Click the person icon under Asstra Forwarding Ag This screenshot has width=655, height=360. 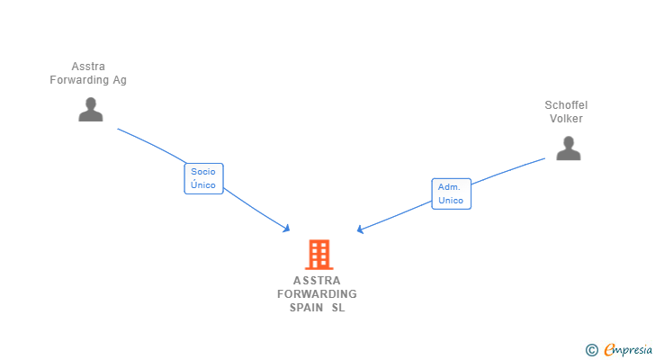coord(91,110)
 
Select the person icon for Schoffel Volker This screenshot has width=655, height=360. coord(568,148)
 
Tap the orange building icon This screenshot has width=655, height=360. coord(319,255)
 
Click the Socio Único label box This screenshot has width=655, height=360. coord(203,178)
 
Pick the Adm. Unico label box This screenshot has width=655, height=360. coord(451,193)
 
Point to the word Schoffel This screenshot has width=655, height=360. coord(566,105)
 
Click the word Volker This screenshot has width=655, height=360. coord(566,119)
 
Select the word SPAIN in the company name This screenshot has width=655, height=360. coord(306,308)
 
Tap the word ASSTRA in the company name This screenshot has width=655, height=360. coord(317,280)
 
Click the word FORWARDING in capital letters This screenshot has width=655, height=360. coord(317,294)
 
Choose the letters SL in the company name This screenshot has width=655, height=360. coord(337,308)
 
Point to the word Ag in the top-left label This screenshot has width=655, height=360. coord(119,80)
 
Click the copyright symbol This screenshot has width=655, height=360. coord(591,349)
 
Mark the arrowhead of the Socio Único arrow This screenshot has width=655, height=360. coord(287,229)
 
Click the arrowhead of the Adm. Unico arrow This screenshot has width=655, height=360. coord(360,229)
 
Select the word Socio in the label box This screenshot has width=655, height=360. coord(203,171)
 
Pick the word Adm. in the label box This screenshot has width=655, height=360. coord(449,187)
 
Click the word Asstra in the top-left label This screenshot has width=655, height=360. coord(88,67)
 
